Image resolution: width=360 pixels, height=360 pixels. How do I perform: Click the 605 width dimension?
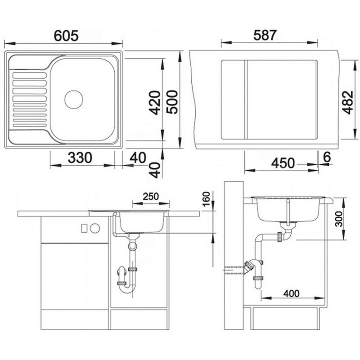66,36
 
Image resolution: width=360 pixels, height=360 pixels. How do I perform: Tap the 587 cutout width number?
265,36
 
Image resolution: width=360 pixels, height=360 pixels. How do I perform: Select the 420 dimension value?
154,103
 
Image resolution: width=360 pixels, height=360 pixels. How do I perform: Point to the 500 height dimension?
172,102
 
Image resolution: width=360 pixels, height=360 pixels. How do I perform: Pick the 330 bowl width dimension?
80,157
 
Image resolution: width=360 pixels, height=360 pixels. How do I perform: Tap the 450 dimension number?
283,163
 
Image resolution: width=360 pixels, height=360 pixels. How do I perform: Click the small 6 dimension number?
327,157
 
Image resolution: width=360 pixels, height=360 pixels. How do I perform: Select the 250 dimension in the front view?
151,197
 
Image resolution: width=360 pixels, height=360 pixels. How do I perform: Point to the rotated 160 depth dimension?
207,199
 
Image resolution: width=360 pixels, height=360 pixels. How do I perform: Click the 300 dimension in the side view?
338,219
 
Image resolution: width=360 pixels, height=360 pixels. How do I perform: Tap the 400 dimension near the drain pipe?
291,293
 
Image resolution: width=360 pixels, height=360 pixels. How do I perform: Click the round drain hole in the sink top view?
74,99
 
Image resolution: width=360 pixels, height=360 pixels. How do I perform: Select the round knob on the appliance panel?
95,228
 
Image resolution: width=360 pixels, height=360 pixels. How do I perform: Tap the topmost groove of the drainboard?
30,76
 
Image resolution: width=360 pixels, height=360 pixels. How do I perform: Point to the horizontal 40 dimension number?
138,157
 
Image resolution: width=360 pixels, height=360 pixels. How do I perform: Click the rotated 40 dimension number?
155,170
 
